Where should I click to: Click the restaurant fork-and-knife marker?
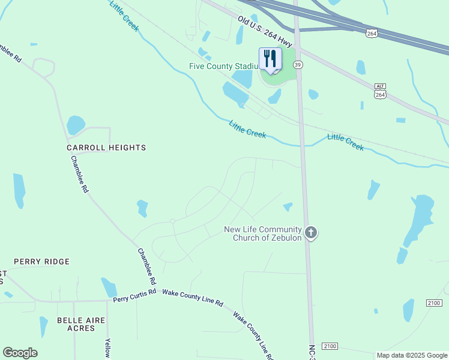click(x=270, y=59)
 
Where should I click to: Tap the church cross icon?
click(x=310, y=232)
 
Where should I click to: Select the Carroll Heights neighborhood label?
click(x=106, y=147)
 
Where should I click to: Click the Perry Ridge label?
click(x=41, y=262)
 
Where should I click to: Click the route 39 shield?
click(x=298, y=64)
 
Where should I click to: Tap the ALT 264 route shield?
click(x=380, y=91)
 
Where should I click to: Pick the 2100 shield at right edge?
click(x=433, y=303)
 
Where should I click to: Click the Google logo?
click(x=20, y=353)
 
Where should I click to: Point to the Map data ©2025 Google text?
click(x=412, y=355)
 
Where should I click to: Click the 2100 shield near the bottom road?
click(x=330, y=346)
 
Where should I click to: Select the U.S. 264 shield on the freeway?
click(x=372, y=34)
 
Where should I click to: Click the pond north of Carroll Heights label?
click(x=75, y=125)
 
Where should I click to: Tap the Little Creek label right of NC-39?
click(x=346, y=142)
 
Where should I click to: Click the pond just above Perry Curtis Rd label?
click(x=109, y=287)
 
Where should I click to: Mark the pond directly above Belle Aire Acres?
click(x=43, y=326)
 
